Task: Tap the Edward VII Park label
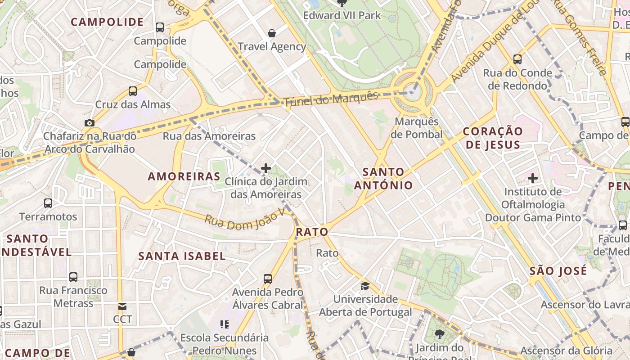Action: pyautogui.click(x=342, y=15)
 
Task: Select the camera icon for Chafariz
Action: pyautogui.click(x=90, y=123)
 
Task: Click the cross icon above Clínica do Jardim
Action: pyautogui.click(x=266, y=168)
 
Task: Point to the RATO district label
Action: pyautogui.click(x=312, y=232)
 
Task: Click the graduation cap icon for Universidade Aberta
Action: pyautogui.click(x=365, y=286)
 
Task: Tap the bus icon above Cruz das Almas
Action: pyautogui.click(x=133, y=91)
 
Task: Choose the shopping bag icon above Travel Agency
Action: pyautogui.click(x=272, y=33)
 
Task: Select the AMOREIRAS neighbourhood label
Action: pyautogui.click(x=184, y=176)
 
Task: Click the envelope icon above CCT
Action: pyautogui.click(x=122, y=306)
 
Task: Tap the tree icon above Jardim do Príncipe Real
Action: pyautogui.click(x=439, y=334)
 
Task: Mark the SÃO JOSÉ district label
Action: pyautogui.click(x=558, y=271)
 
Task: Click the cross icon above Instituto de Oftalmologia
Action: pyautogui.click(x=533, y=178)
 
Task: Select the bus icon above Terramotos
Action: pyautogui.click(x=48, y=203)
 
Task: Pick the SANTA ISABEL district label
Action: pyautogui.click(x=182, y=256)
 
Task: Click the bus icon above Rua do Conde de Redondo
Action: pyautogui.click(x=517, y=59)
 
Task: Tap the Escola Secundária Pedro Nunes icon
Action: pyautogui.click(x=225, y=324)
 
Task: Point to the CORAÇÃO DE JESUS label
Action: pyautogui.click(x=493, y=138)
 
